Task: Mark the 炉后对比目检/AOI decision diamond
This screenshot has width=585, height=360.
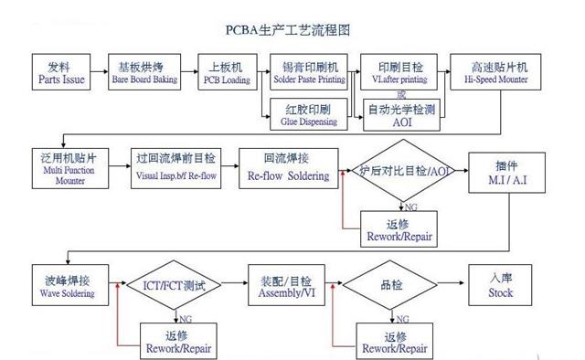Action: click(403, 171)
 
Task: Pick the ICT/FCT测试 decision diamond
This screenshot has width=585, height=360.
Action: click(175, 287)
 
